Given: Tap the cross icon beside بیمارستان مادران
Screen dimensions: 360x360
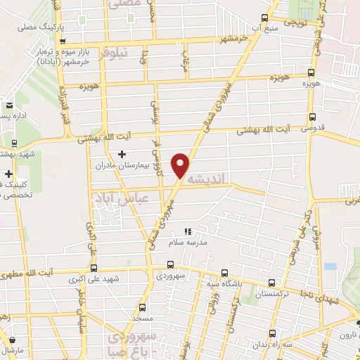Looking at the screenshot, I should point(122,154).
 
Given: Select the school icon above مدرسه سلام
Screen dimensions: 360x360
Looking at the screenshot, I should point(187,231).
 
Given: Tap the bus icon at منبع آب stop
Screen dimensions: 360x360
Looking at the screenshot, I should point(264,18).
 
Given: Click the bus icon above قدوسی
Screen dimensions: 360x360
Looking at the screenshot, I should point(312,117).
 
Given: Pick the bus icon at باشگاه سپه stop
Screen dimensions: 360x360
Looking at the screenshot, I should point(224,272).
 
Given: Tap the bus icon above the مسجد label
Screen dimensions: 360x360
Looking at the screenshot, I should point(143,307).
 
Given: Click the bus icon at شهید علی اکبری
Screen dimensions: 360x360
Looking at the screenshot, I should point(94,267).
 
